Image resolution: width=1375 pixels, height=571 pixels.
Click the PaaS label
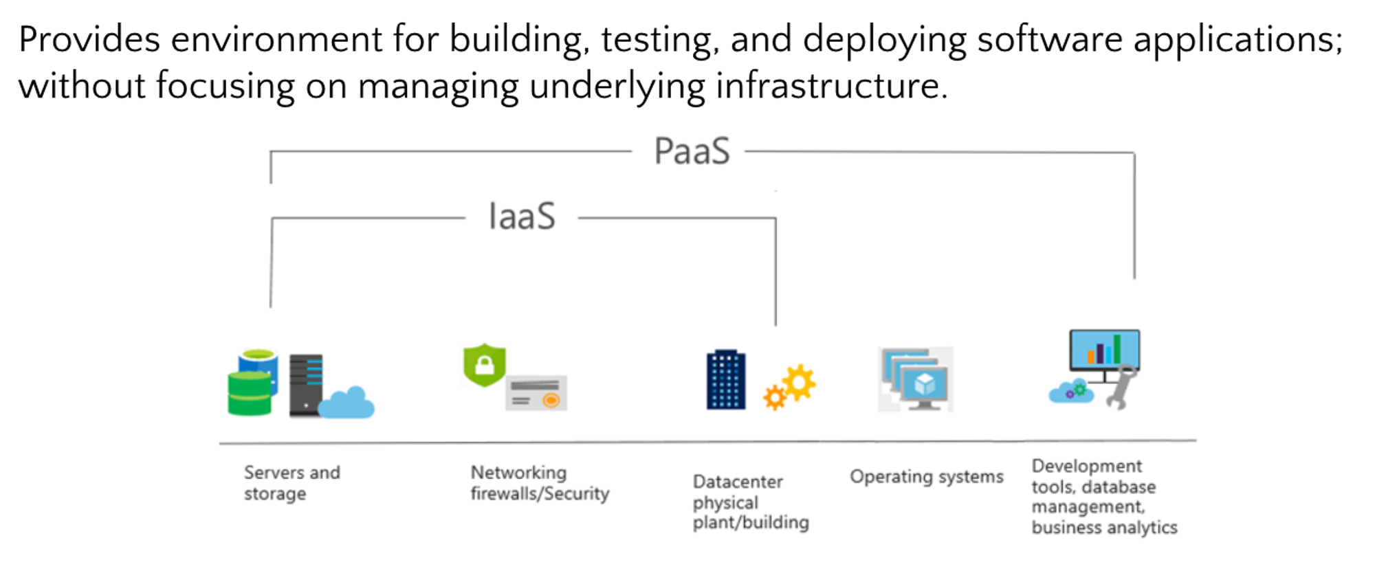tap(692, 151)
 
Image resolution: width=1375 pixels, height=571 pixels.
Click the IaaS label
tap(522, 216)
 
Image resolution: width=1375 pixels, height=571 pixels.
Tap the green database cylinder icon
tap(250, 393)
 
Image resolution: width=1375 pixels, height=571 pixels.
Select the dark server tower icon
tap(306, 385)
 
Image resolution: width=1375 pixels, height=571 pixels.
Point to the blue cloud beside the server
tap(346, 403)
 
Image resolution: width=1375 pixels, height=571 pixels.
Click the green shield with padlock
tap(485, 364)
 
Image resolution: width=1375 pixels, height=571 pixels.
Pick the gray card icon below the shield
tap(536, 393)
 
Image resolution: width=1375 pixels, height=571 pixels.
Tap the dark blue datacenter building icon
tap(726, 379)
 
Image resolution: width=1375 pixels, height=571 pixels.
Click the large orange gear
tap(799, 382)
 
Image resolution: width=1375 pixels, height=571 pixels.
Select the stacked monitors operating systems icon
tap(916, 379)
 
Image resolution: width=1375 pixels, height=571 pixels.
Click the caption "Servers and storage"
tap(292, 483)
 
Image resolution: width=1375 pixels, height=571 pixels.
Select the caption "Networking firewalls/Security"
tap(540, 483)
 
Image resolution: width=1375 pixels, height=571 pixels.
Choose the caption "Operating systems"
tap(927, 476)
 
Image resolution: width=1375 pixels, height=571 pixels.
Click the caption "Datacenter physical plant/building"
tap(751, 502)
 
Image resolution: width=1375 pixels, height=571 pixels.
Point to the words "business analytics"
tap(1104, 528)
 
